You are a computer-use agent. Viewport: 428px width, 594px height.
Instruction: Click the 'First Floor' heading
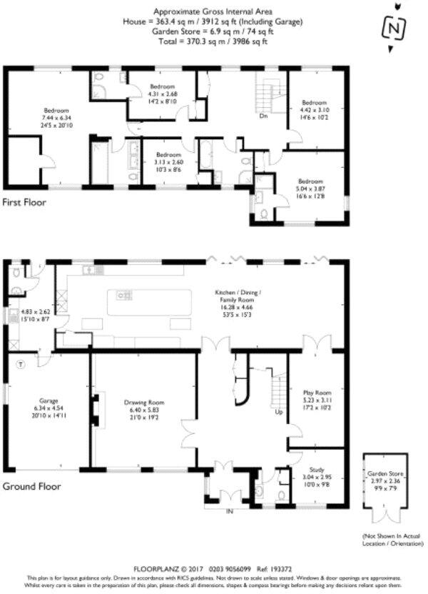(24, 202)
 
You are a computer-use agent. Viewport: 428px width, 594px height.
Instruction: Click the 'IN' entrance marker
(229, 512)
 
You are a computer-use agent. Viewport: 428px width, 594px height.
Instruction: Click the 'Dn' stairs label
(263, 115)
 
